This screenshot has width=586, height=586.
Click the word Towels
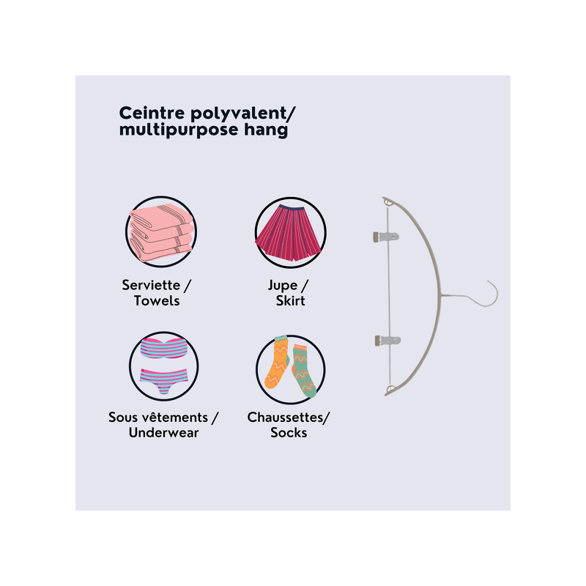157,301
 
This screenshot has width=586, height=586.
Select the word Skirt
290,301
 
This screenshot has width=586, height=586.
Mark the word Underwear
163,433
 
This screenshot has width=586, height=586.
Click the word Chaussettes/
289,418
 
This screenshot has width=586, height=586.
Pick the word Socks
289,433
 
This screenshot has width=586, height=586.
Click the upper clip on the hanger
386,237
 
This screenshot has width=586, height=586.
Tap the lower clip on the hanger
387,341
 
